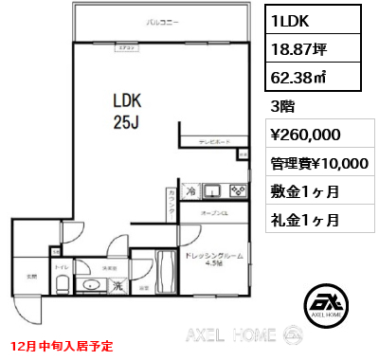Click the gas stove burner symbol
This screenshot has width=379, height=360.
coord(239,189)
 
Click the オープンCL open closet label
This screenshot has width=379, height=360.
coord(214,214)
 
